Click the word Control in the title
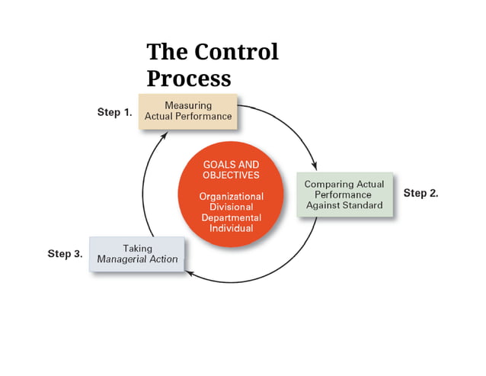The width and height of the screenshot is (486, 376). (236, 52)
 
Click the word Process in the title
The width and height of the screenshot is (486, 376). (188, 79)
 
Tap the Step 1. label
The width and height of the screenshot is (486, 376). (115, 112)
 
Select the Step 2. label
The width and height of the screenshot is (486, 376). (420, 193)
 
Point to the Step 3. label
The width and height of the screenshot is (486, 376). (65, 254)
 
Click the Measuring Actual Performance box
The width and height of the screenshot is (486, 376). (188, 111)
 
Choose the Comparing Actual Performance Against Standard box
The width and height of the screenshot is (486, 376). (344, 194)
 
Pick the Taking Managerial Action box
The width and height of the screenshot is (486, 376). (137, 254)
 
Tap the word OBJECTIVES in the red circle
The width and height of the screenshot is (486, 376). (231, 175)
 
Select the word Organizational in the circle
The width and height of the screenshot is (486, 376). (231, 196)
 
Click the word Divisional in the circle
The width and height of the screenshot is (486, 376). (231, 207)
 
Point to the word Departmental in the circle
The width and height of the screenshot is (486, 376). (231, 217)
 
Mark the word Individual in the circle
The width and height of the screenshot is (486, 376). (231, 228)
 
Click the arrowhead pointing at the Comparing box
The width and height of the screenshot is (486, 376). (314, 166)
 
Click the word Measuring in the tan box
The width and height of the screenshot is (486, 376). (188, 105)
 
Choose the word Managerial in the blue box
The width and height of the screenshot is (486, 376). (126, 259)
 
